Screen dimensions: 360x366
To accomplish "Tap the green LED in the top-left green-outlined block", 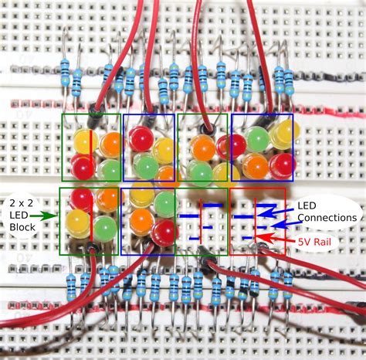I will point(110,168).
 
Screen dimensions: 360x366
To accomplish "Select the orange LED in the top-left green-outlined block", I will point(110,143).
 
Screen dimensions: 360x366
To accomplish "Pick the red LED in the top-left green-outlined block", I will point(83,165).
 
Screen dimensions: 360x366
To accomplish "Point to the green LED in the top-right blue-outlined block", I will point(258,139).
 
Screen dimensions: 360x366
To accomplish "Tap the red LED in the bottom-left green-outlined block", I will point(81,200).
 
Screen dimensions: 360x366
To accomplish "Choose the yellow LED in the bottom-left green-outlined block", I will point(78,223).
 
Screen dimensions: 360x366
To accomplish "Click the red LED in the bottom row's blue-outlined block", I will point(164,231).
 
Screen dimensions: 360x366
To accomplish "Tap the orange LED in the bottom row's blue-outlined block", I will point(141,221).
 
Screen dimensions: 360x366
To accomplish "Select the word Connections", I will point(326,219).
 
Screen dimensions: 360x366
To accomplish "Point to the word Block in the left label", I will point(24,228).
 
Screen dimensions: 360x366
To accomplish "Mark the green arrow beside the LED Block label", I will point(45,216).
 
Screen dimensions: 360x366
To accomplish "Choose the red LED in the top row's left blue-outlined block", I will point(141,139).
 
